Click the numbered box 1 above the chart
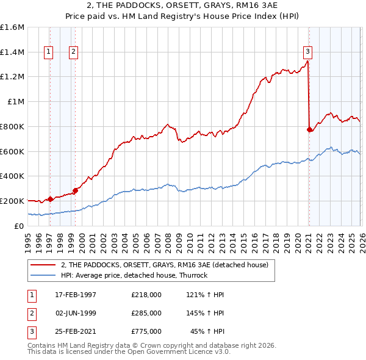(48, 52)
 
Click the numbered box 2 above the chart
(73, 52)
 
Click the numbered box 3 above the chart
(308, 52)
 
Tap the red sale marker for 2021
(309, 129)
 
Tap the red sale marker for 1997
(50, 198)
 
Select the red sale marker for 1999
(75, 190)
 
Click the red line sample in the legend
(43, 265)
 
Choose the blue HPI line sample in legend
(43, 275)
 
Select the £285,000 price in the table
(146, 313)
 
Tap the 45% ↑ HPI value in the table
(207, 332)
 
